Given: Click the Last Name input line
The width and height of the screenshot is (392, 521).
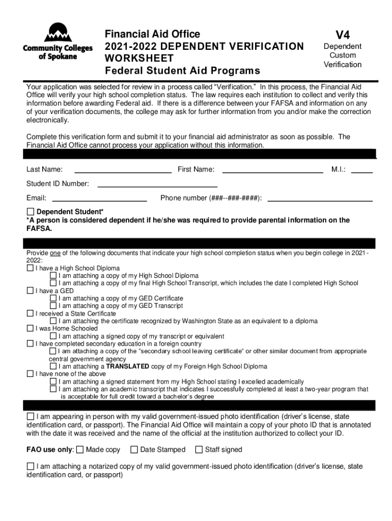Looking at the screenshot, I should pos(123,169).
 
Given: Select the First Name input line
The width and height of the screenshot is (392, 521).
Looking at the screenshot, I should pos(273,169).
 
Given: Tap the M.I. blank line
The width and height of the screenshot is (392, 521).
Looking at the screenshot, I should pos(362,169).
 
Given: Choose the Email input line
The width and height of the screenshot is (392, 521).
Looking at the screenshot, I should pos(100,198).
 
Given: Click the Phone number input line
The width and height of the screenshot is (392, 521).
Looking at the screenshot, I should pos(320,198).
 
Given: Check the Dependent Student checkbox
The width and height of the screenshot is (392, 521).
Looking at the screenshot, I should pos(30,212).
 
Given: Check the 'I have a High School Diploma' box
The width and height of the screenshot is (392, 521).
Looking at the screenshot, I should pos(30,268).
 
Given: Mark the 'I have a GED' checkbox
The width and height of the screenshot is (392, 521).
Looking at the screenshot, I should pos(30,291).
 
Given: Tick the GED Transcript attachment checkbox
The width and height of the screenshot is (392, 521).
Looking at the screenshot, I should pos(53,306).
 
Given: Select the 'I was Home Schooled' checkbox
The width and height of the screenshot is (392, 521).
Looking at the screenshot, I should pos(30,329).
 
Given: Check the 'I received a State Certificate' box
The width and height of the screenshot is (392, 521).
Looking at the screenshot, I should pos(30,313).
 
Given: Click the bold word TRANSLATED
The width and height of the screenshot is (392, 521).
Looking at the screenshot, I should pos(127,366).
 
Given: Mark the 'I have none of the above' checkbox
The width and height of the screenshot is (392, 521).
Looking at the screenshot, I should pos(30,374).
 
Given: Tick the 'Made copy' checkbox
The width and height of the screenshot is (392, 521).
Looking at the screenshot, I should pos(80,449).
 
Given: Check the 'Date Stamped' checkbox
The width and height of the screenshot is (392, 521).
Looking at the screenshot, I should pos(134,449).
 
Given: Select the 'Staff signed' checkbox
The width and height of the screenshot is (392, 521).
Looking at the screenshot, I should pos(199,449).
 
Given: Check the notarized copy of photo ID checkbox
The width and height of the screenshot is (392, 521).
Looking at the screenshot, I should pos(30,466).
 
